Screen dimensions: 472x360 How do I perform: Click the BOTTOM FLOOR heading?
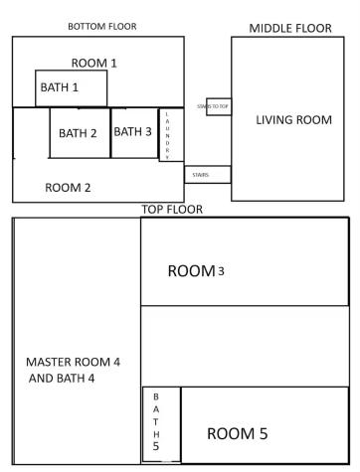pyautogui.click(x=106, y=25)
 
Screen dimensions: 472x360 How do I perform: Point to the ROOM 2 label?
pyautogui.click(x=68, y=187)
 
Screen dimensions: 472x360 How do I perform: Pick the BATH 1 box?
pyautogui.click(x=71, y=87)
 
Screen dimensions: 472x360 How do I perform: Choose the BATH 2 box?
pyautogui.click(x=80, y=133)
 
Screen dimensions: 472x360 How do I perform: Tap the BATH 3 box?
pyautogui.click(x=133, y=132)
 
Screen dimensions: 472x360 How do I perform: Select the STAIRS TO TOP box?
pyautogui.click(x=219, y=105)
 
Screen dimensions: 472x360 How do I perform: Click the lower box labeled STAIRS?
pyautogui.click(x=207, y=175)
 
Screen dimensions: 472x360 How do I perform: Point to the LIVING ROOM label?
pyautogui.click(x=293, y=120)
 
